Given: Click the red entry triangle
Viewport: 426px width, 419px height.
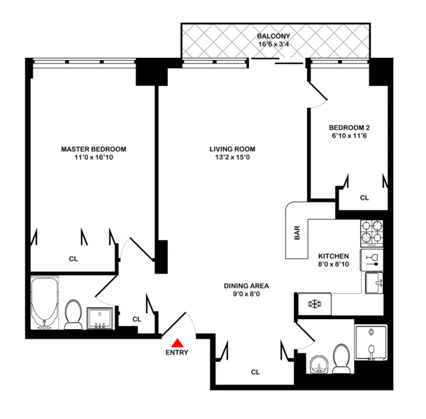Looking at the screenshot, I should click(x=177, y=342).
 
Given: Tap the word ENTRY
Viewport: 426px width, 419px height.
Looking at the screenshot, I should click(x=177, y=353).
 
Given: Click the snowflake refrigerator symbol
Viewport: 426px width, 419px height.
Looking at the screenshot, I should click(x=313, y=304).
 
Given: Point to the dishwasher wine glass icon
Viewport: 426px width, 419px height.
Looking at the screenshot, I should click(x=371, y=261).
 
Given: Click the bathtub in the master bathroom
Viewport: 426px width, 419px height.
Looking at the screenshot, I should click(x=44, y=304).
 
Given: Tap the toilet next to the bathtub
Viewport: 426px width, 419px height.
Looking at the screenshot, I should click(x=73, y=314).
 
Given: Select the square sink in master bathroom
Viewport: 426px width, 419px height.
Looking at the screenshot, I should click(x=102, y=318).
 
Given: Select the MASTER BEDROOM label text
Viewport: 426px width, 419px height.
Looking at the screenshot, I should click(x=93, y=149).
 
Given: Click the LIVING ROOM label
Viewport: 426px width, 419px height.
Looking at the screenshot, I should click(x=232, y=149).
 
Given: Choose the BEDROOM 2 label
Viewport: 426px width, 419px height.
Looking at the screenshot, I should click(x=349, y=127).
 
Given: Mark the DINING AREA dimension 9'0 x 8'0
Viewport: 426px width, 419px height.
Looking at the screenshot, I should click(x=246, y=295).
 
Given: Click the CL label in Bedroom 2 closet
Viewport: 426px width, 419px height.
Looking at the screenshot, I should click(x=364, y=198).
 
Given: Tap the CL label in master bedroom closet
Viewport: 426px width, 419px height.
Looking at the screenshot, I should click(x=73, y=258).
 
